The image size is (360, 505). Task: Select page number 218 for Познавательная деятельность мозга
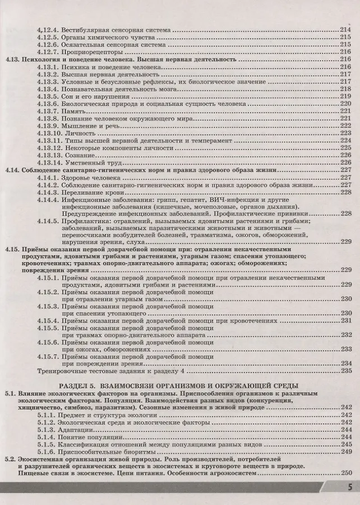[345, 89]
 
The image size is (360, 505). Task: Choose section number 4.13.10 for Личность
[48, 133]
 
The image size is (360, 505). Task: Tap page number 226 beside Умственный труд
[345, 163]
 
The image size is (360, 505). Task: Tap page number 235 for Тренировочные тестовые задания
[345, 371]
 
